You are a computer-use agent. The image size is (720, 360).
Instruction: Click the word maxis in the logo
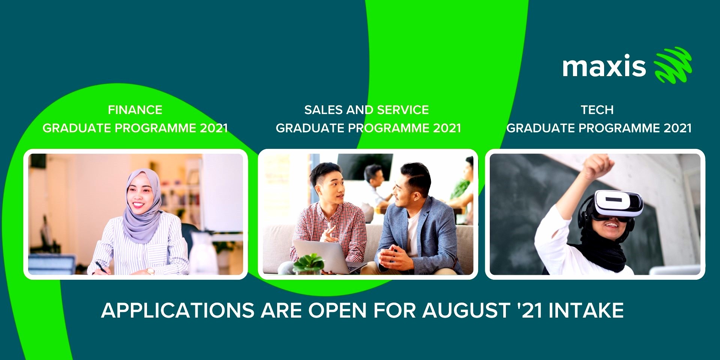click(x=604, y=67)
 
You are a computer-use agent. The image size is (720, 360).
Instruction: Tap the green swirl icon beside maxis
click(x=673, y=65)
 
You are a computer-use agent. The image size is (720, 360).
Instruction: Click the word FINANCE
click(x=135, y=110)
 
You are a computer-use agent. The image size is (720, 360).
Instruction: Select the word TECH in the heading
click(x=597, y=110)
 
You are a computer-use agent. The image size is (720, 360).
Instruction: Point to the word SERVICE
click(x=403, y=110)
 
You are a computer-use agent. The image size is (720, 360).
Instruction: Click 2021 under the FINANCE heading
click(x=214, y=128)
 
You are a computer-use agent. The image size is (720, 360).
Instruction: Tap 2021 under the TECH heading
click(x=678, y=128)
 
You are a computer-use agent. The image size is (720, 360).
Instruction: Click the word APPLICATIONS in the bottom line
click(x=178, y=310)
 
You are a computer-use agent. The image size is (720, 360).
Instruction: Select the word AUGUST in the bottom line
click(x=466, y=310)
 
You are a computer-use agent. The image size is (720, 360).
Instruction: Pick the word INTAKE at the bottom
click(x=586, y=310)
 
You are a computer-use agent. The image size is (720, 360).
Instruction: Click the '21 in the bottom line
click(x=529, y=310)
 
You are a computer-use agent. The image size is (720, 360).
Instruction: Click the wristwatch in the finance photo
click(x=150, y=271)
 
